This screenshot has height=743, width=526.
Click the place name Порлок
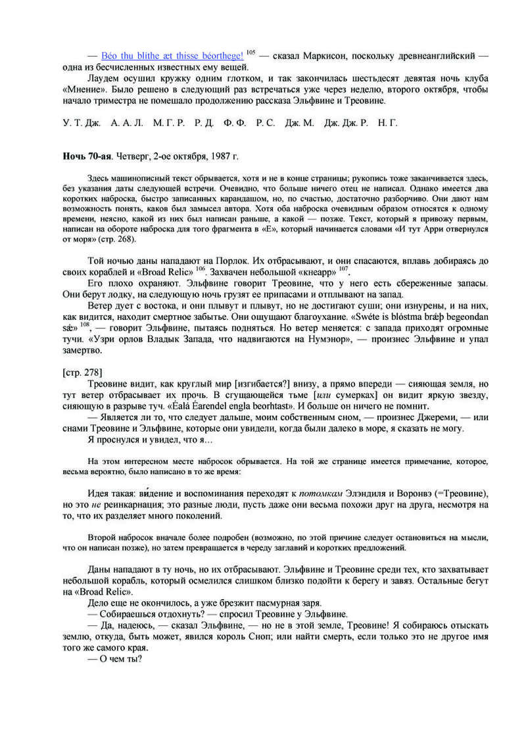pos(226,261)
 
